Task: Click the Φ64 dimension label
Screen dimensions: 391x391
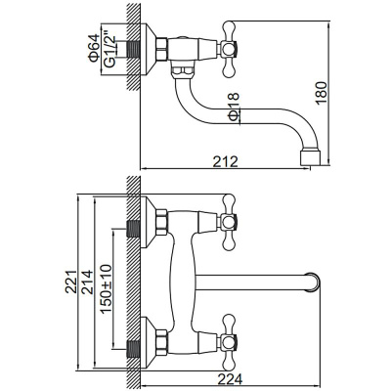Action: point(93,48)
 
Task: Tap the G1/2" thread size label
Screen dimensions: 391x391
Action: point(110,49)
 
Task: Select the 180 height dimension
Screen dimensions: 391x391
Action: point(321,93)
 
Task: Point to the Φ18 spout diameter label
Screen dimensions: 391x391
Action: point(234,107)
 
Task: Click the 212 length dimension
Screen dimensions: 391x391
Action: point(226,161)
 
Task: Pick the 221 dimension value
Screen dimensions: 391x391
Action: point(70,282)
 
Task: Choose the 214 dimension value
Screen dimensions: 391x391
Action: point(87,282)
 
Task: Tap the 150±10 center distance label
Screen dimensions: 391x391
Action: point(107,288)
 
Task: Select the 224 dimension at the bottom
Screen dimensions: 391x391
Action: point(230,379)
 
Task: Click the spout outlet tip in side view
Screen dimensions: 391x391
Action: point(310,157)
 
